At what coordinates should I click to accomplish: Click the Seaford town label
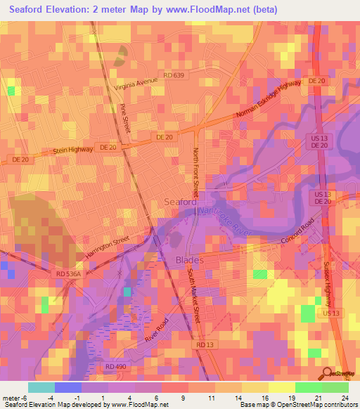[180, 202]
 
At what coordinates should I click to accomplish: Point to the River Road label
[160, 328]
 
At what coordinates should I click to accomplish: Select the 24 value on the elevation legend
[345, 398]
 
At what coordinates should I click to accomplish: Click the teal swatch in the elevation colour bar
[41, 387]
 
